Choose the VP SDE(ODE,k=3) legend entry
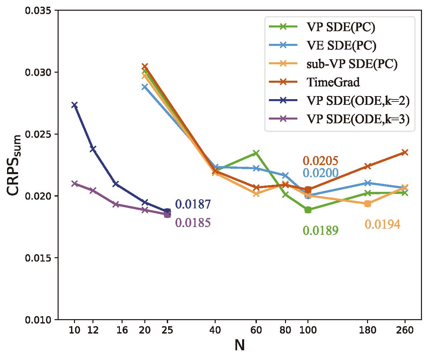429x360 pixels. pyautogui.click(x=358, y=120)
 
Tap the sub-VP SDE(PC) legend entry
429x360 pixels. pyautogui.click(x=352, y=64)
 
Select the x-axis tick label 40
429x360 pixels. pyautogui.click(x=215, y=330)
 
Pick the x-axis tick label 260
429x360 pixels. pyautogui.click(x=405, y=330)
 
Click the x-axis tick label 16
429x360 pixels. pyautogui.click(x=122, y=330)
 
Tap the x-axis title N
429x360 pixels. pyautogui.click(x=239, y=345)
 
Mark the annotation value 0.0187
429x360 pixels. pyautogui.click(x=193, y=204)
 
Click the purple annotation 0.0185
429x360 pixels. pyautogui.click(x=193, y=223)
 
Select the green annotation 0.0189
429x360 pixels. pyautogui.click(x=320, y=231)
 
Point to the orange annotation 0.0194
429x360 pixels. pyautogui.click(x=382, y=224)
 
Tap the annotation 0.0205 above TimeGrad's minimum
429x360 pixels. pyautogui.click(x=320, y=161)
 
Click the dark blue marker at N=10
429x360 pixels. pyautogui.click(x=74, y=105)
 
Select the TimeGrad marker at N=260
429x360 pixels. pyautogui.click(x=405, y=152)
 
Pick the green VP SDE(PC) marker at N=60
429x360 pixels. pyautogui.click(x=256, y=153)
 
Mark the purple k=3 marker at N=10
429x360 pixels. pyautogui.click(x=74, y=184)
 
